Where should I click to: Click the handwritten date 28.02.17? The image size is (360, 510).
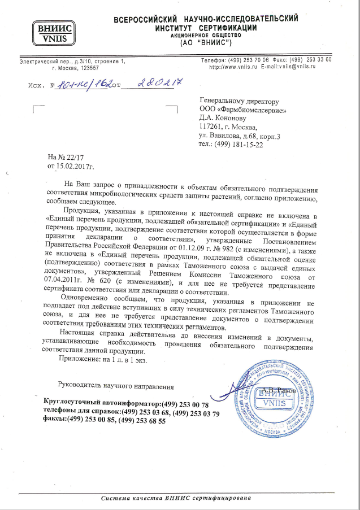(154, 83)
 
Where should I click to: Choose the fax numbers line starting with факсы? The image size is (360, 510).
(105, 421)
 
